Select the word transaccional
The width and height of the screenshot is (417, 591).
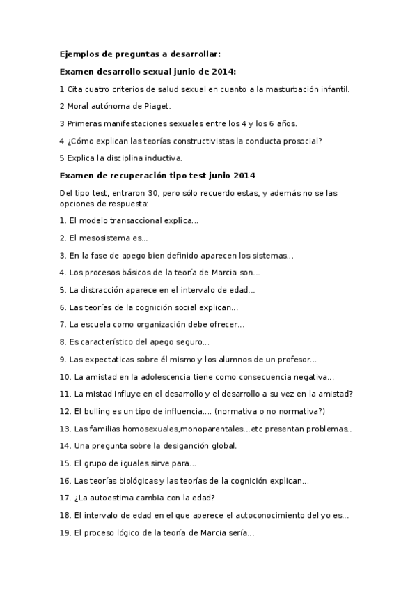point(140,220)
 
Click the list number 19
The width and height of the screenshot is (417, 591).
point(65,533)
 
